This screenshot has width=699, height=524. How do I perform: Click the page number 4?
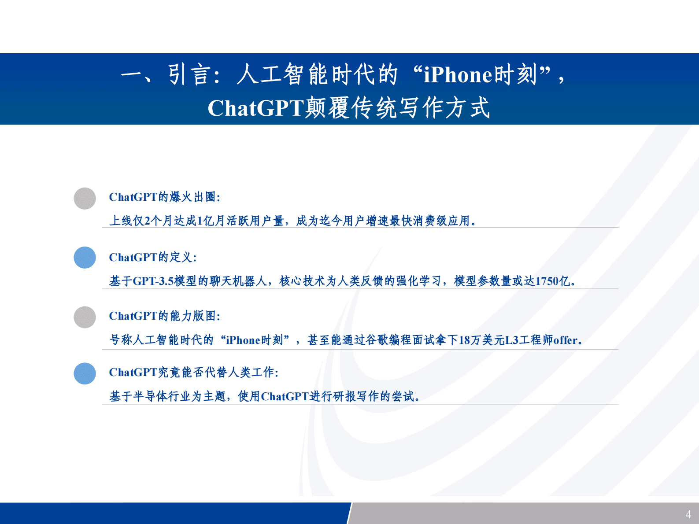tap(688, 514)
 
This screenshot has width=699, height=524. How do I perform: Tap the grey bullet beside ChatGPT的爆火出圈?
tap(85, 199)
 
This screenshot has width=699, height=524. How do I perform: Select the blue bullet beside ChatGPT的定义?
tap(85, 258)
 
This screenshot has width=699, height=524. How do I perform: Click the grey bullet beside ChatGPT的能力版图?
tap(85, 317)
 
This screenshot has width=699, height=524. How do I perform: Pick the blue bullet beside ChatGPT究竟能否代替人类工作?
tap(85, 373)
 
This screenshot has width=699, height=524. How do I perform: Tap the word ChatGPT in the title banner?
tap(255, 108)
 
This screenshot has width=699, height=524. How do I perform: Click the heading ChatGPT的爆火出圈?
tap(164, 197)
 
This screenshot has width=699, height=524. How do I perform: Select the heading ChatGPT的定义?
tap(152, 257)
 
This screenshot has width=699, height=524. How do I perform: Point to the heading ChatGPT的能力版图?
tap(164, 316)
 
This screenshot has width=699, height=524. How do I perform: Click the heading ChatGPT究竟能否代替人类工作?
tap(193, 373)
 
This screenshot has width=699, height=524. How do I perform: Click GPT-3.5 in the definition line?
tap(153, 281)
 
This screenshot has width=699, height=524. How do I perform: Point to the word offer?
tap(565, 340)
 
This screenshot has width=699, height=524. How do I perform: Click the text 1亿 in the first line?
tap(206, 221)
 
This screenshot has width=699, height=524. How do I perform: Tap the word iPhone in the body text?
tap(243, 340)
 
